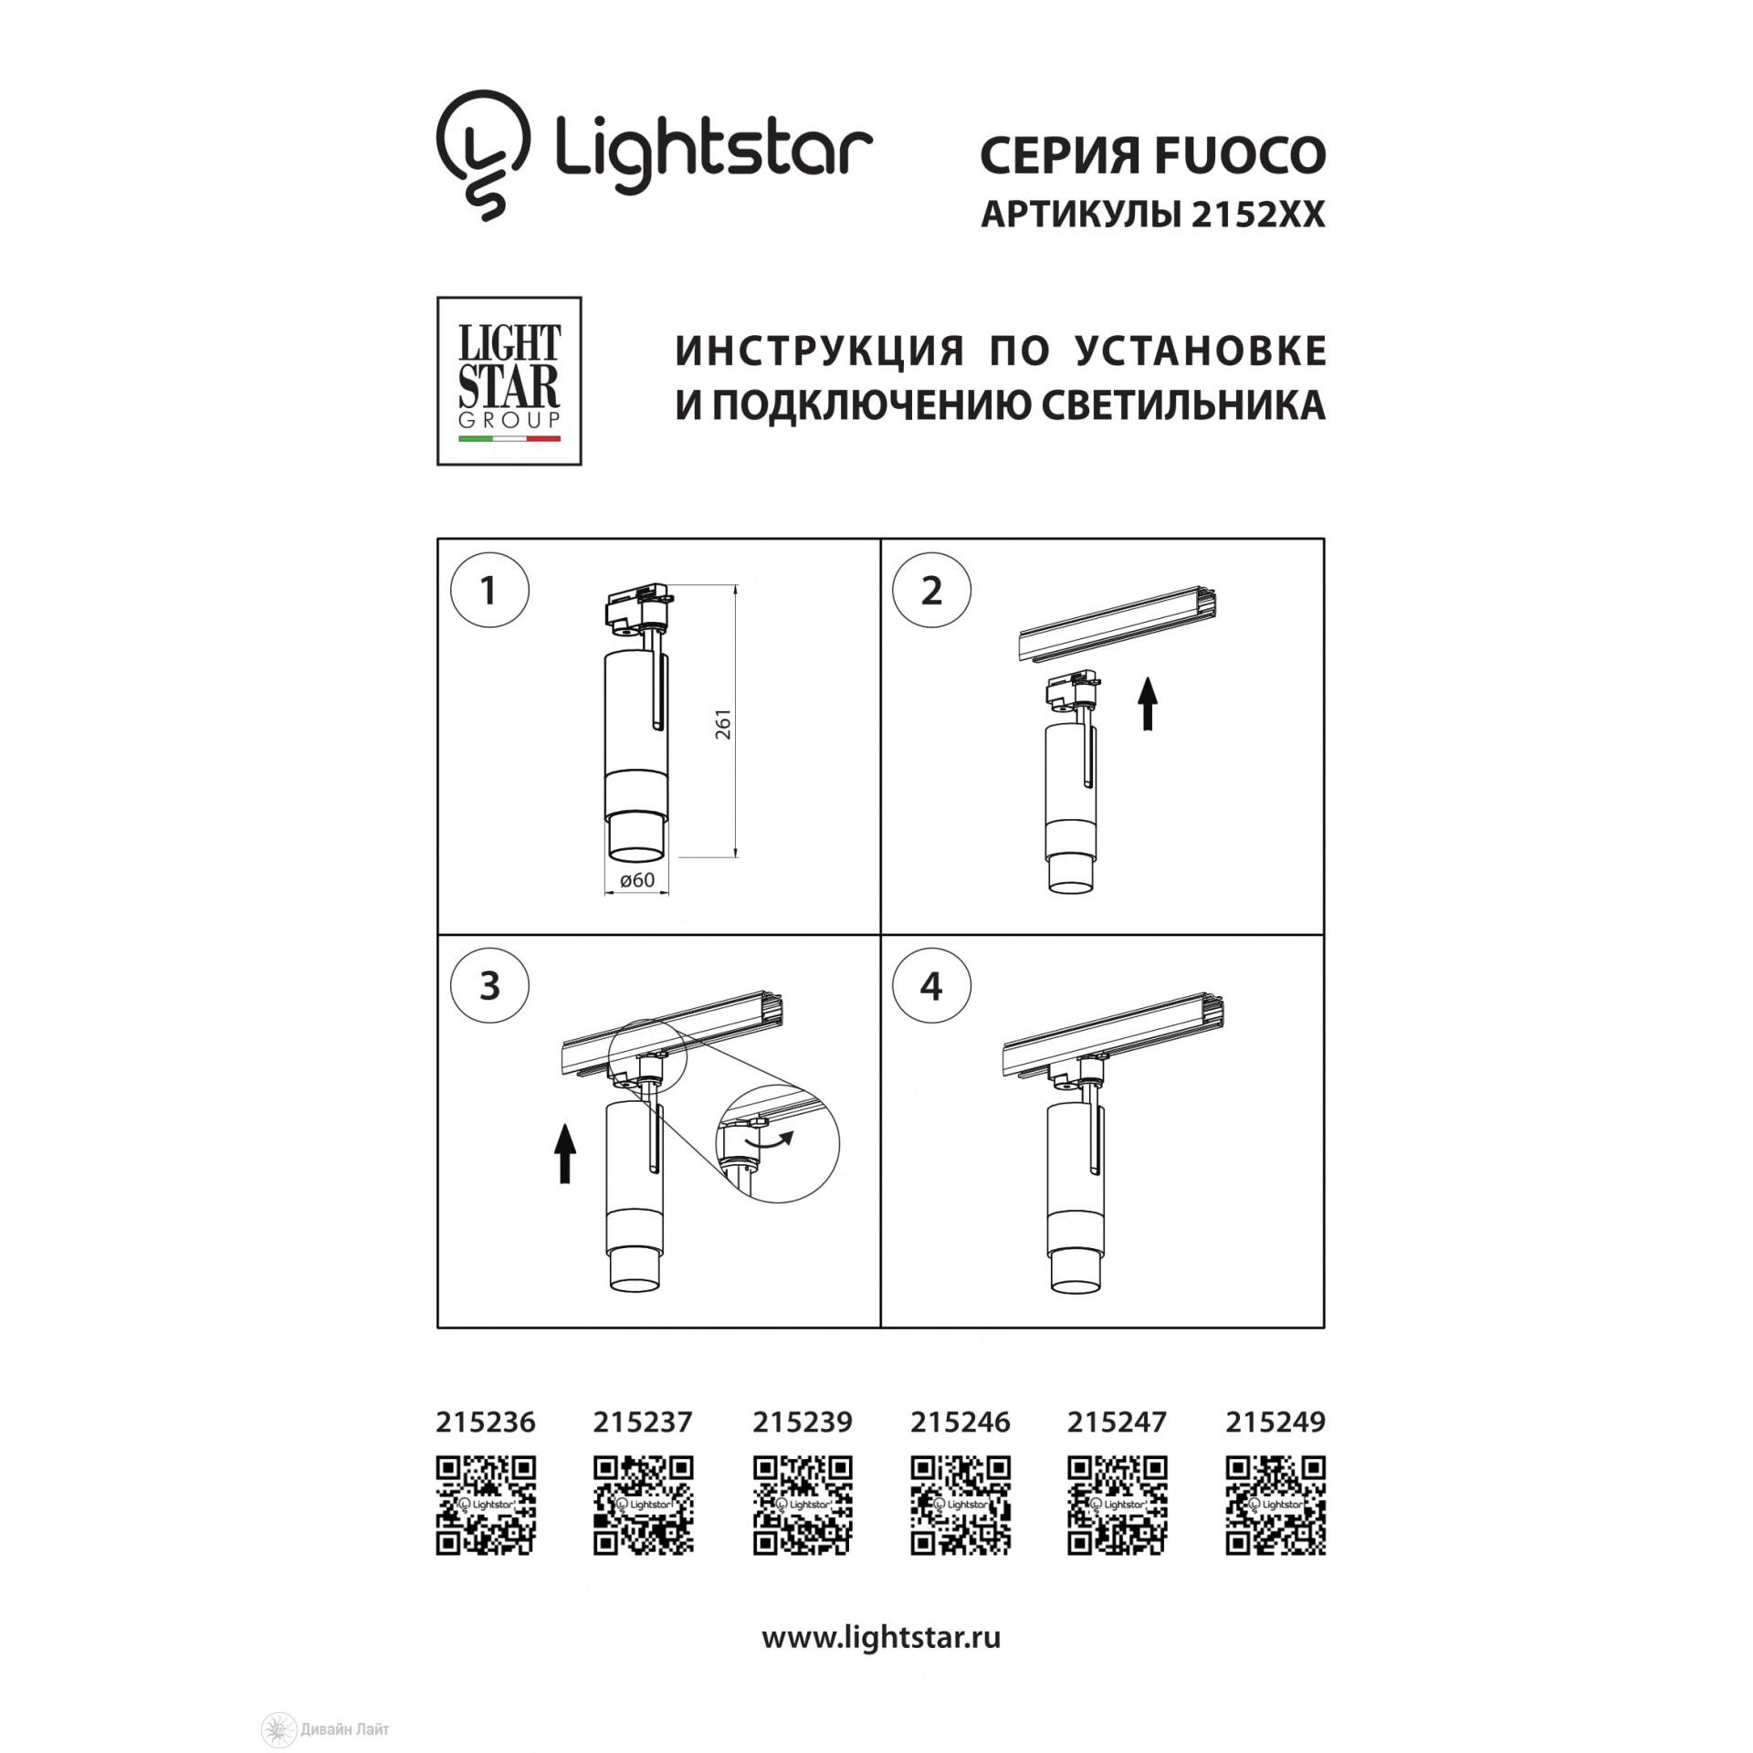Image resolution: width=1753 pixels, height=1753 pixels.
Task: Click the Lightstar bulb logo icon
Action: point(484,153)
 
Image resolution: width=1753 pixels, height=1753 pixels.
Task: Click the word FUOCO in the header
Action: point(1240,155)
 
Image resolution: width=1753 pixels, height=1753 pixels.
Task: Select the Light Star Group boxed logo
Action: point(509,381)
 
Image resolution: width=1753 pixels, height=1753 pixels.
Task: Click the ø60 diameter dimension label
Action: point(637,880)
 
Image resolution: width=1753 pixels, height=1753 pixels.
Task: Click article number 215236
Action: point(486,1422)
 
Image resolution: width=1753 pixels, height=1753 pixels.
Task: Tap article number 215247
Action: point(1117,1422)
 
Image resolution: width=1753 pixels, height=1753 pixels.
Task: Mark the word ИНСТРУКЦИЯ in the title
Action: point(820,351)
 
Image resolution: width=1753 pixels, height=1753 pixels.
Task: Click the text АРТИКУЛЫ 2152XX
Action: point(1152,215)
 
